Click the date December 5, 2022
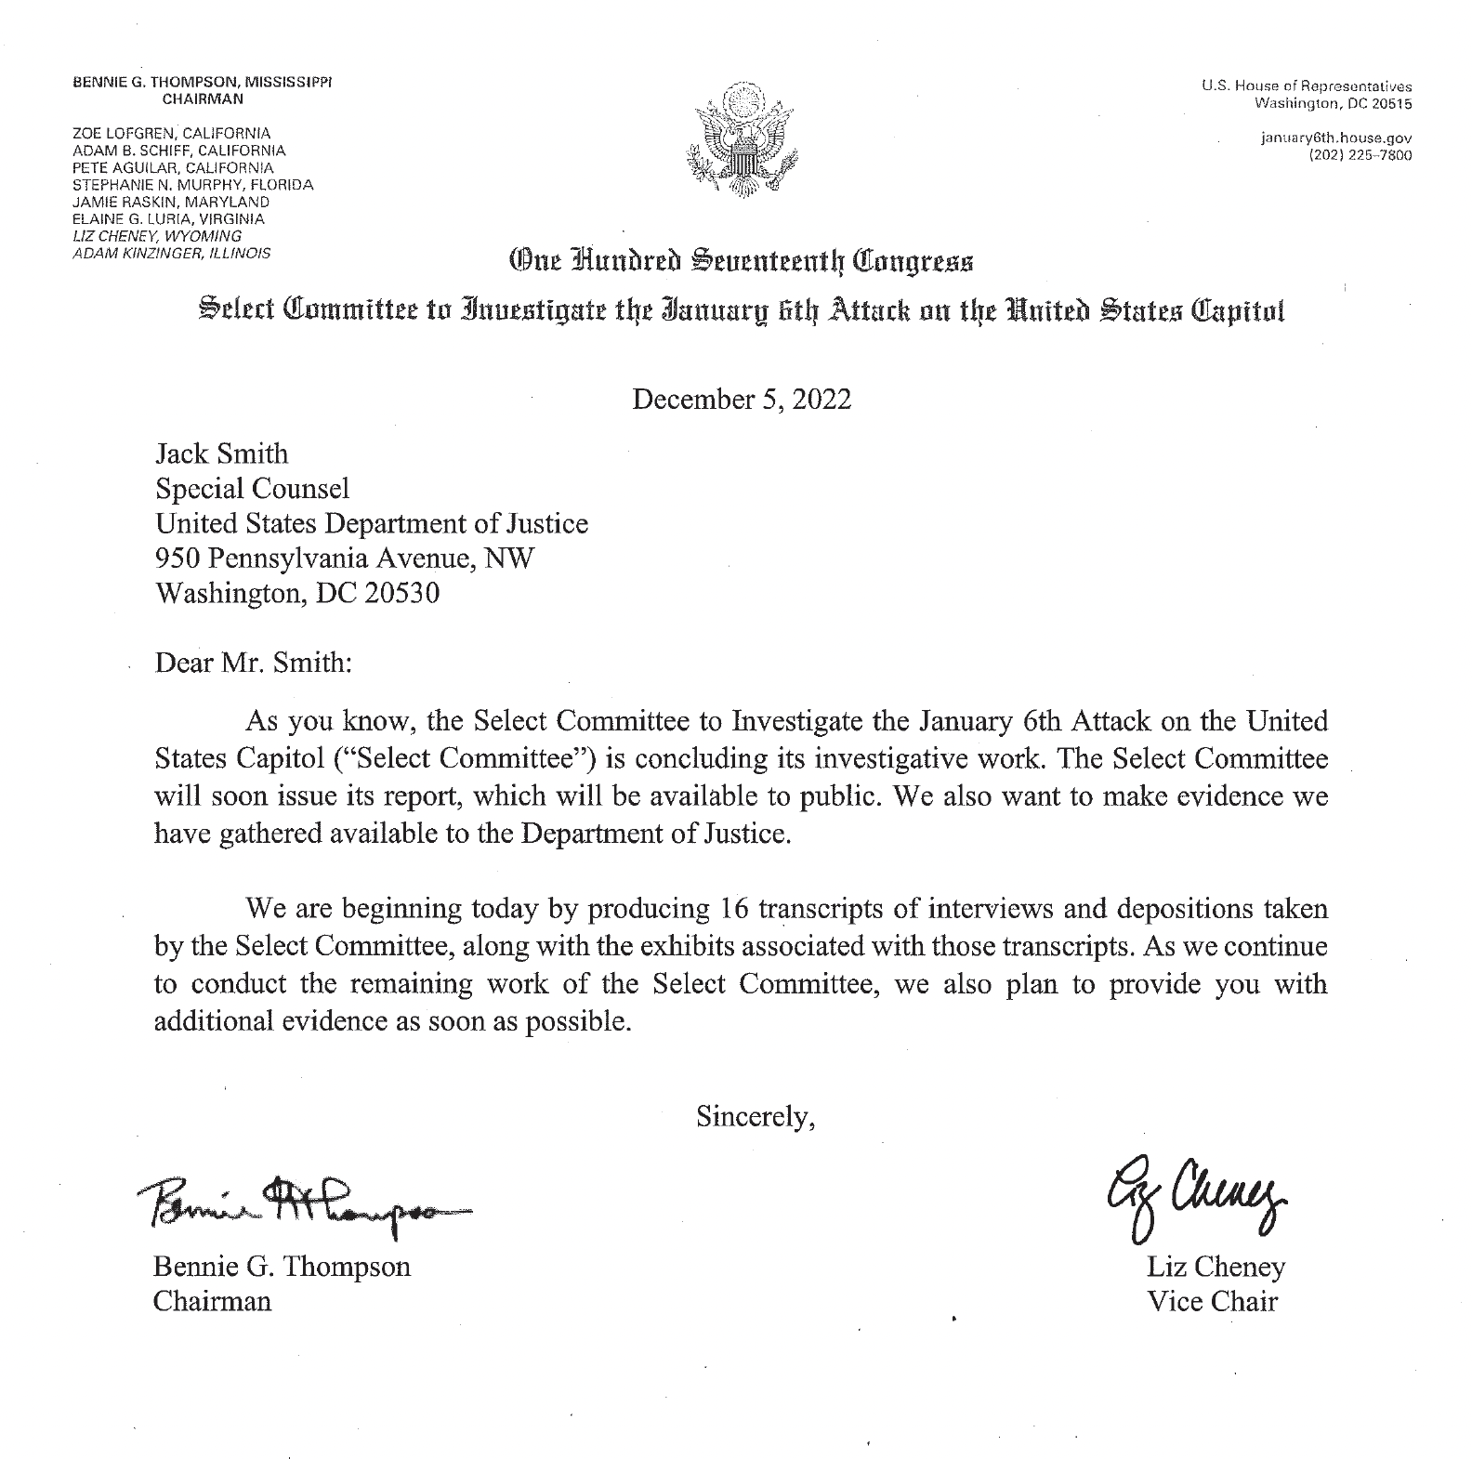pos(741,400)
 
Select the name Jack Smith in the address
pos(221,454)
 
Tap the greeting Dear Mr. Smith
pos(254,664)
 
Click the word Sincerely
pos(756,1116)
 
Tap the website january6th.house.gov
pos(1335,138)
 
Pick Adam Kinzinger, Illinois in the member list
pos(171,253)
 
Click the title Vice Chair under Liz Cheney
pos(1212,1301)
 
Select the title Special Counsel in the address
pos(252,489)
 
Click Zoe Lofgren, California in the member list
pos(171,133)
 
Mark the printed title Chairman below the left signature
pos(212,1301)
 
